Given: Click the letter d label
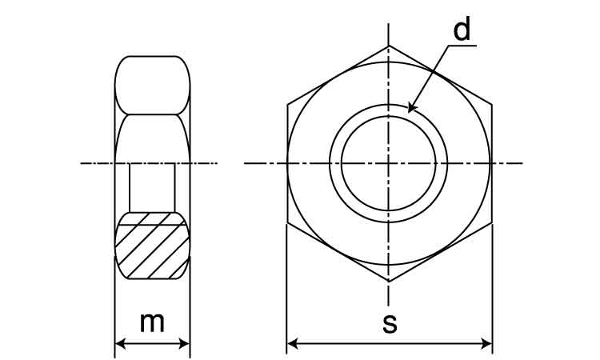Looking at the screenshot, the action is pyautogui.click(x=462, y=30).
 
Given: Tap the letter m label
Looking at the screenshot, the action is pyautogui.click(x=152, y=322).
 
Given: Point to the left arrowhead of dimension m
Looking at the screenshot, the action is pyautogui.click(x=120, y=343).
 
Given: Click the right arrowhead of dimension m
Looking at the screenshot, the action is pyautogui.click(x=185, y=343).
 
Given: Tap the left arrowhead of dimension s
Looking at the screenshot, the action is pyautogui.click(x=292, y=343).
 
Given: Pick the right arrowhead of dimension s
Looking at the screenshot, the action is pyautogui.click(x=486, y=343).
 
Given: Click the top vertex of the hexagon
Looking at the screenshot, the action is pyautogui.click(x=389, y=46).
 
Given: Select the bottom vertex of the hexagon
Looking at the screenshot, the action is pyautogui.click(x=389, y=282).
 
